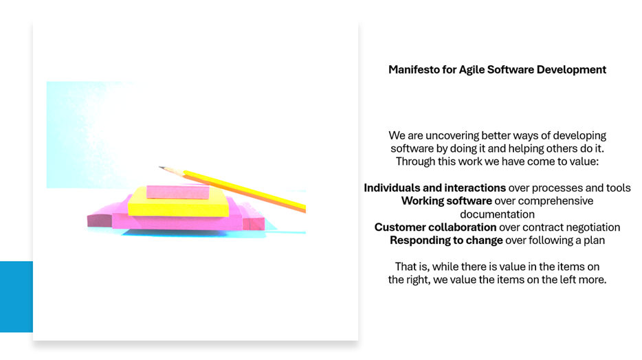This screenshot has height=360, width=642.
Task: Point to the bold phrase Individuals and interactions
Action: coord(435,188)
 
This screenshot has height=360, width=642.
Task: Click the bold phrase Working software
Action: coord(447,201)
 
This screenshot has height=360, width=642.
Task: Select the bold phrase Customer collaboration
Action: coord(435,227)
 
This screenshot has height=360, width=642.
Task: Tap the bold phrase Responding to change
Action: coord(446,240)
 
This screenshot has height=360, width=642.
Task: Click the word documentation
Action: coord(497,214)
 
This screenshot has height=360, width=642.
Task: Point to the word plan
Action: coord(594,240)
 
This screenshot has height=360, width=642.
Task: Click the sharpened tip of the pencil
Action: coord(159,167)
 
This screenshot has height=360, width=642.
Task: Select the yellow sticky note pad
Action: coord(178,203)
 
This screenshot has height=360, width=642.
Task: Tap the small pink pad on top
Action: coord(178,192)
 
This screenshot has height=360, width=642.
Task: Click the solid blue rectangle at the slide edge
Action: coord(16,297)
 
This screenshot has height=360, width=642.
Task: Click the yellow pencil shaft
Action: coord(244,190)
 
